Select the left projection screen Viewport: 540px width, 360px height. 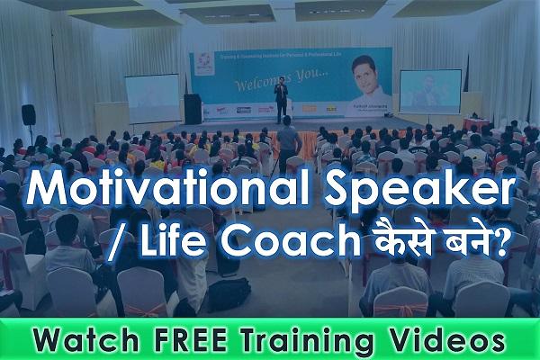point(151,97)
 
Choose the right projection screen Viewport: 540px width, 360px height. point(429,91)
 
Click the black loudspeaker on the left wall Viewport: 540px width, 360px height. point(29,115)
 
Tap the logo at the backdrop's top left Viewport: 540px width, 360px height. point(202,62)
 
